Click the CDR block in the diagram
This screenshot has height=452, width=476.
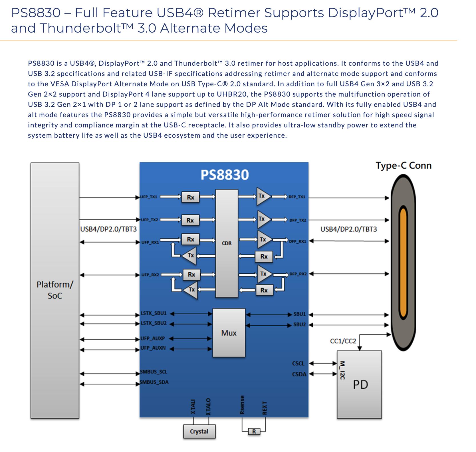[227, 243]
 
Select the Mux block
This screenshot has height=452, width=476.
[229, 333]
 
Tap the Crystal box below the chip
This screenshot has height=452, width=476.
[199, 431]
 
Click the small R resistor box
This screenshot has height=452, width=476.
[254, 431]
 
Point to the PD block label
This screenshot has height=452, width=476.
[360, 385]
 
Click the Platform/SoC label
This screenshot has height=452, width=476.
[55, 290]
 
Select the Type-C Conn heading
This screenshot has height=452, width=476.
[404, 165]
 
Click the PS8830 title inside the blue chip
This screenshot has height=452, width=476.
[225, 175]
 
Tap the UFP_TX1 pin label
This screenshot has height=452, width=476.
[149, 197]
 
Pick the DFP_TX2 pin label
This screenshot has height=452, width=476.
[298, 220]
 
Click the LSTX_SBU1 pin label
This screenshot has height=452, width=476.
[154, 313]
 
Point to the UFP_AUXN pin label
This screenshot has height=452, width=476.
[153, 348]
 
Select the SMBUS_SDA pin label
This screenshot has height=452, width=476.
[154, 382]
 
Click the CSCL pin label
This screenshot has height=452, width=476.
[298, 363]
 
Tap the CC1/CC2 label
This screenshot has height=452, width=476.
[343, 341]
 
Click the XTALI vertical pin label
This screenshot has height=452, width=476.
[193, 407]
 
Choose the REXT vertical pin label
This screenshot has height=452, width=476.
[265, 408]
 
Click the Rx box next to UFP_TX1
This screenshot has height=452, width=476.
[190, 197]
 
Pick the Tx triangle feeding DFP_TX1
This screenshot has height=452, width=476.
[262, 196]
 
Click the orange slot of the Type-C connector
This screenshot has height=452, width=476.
[403, 263]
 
